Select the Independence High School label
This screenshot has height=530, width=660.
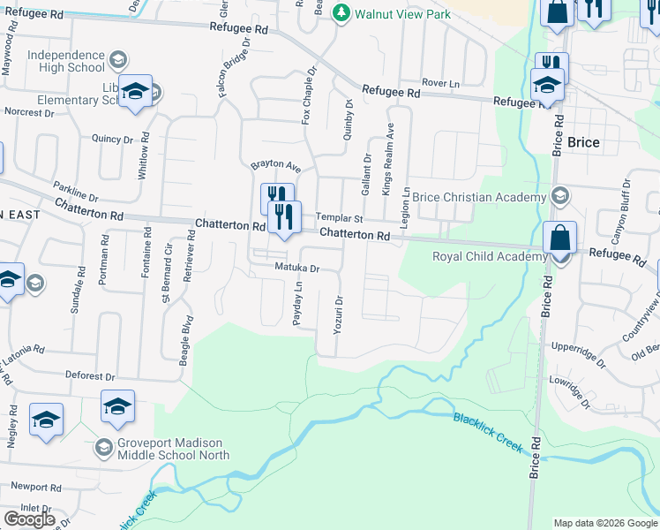click(66, 61)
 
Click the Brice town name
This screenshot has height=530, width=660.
click(583, 142)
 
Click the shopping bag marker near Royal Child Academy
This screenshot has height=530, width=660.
click(560, 239)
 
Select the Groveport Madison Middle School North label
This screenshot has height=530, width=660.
click(164, 449)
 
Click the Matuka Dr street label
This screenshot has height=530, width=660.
click(296, 267)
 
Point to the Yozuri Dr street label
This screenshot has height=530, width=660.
click(338, 314)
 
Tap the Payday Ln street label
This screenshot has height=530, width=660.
click(298, 303)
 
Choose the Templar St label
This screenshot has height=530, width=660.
click(340, 217)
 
